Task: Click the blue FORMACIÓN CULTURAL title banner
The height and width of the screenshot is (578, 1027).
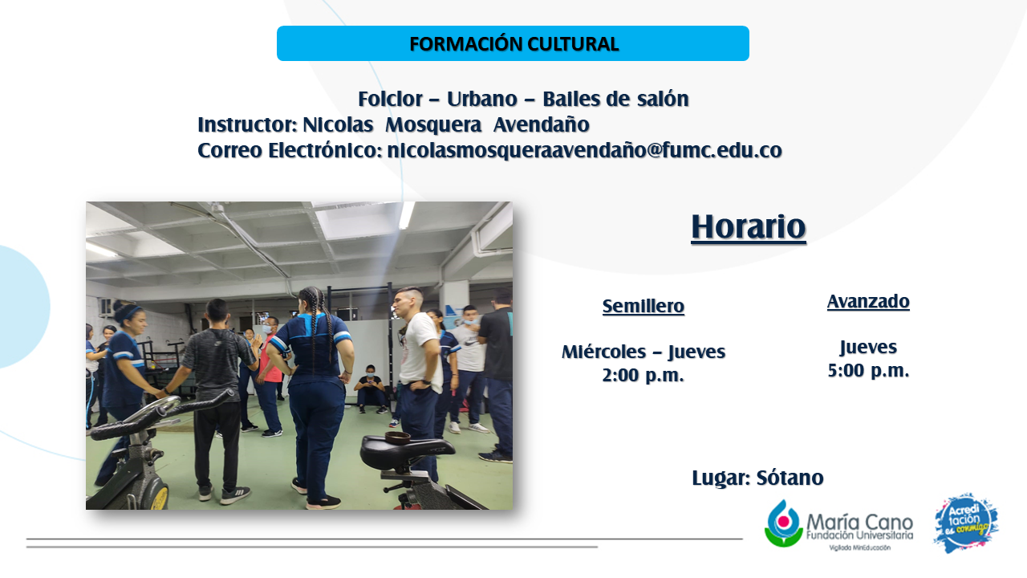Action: click(x=513, y=43)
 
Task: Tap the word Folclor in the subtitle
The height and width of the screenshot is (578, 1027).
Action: click(x=390, y=99)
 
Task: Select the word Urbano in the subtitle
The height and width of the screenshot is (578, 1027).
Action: click(x=482, y=99)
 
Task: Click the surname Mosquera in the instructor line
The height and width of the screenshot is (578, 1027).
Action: click(x=433, y=124)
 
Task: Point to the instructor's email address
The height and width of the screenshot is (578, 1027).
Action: click(x=585, y=150)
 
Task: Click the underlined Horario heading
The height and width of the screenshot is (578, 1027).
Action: click(x=749, y=227)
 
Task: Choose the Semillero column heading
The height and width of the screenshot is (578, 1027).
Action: click(x=643, y=306)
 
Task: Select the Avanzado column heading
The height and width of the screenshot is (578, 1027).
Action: click(x=868, y=301)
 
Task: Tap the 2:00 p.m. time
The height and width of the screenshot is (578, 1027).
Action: click(x=643, y=375)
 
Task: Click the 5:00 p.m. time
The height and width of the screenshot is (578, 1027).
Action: click(x=868, y=371)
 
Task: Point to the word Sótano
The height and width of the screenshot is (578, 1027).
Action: click(x=790, y=478)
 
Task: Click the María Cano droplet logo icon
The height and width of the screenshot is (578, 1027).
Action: click(x=784, y=523)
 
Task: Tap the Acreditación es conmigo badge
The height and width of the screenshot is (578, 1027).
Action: click(x=967, y=523)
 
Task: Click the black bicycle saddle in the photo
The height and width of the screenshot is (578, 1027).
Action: click(x=403, y=451)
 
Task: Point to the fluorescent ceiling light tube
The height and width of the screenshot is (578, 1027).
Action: click(x=406, y=215)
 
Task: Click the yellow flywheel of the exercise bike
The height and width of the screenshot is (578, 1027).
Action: click(x=159, y=497)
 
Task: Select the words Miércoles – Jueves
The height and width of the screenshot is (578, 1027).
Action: click(x=643, y=352)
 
